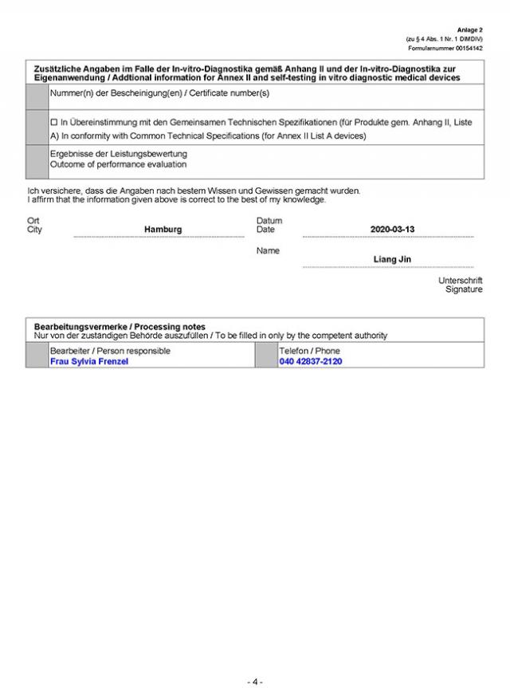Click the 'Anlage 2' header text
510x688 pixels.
click(x=470, y=29)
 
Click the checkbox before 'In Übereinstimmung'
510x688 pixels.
click(x=53, y=122)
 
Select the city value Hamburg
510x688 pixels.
click(x=163, y=230)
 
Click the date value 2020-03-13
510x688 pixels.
click(x=392, y=230)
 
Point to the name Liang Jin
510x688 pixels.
click(x=392, y=259)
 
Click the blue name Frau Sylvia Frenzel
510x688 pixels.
click(x=88, y=361)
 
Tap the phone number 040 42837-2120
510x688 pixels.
click(x=311, y=361)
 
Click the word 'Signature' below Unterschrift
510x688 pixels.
click(x=464, y=289)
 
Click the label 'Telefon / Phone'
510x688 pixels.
click(x=309, y=351)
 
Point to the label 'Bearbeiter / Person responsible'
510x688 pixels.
click(x=110, y=351)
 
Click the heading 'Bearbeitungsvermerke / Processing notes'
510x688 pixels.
click(x=120, y=327)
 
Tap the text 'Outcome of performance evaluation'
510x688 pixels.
click(x=118, y=164)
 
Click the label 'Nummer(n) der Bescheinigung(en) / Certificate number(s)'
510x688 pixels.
click(x=159, y=94)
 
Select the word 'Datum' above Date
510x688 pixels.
click(x=269, y=221)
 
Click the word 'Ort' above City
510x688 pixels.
click(x=33, y=221)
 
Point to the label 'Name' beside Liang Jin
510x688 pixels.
click(x=268, y=250)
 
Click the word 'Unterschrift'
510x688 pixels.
click(x=460, y=281)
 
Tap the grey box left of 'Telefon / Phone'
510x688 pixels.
click(x=265, y=356)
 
